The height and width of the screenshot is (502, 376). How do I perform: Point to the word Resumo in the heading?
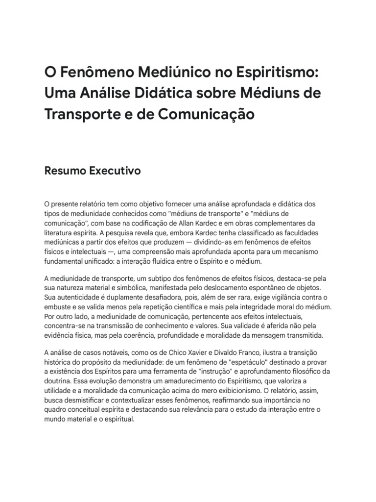62,171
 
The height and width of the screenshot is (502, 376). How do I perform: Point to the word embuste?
57,307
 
